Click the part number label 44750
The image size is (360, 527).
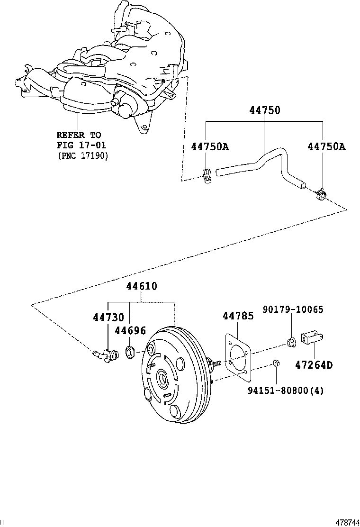click(265, 110)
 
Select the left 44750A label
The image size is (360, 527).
click(210, 146)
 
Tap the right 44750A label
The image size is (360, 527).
click(326, 146)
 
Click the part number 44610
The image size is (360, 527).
click(142, 286)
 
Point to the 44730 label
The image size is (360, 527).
click(108, 318)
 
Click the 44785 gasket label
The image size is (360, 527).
click(238, 316)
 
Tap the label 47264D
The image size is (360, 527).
click(314, 365)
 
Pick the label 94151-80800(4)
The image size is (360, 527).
click(286, 391)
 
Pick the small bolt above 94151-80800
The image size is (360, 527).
click(276, 364)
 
